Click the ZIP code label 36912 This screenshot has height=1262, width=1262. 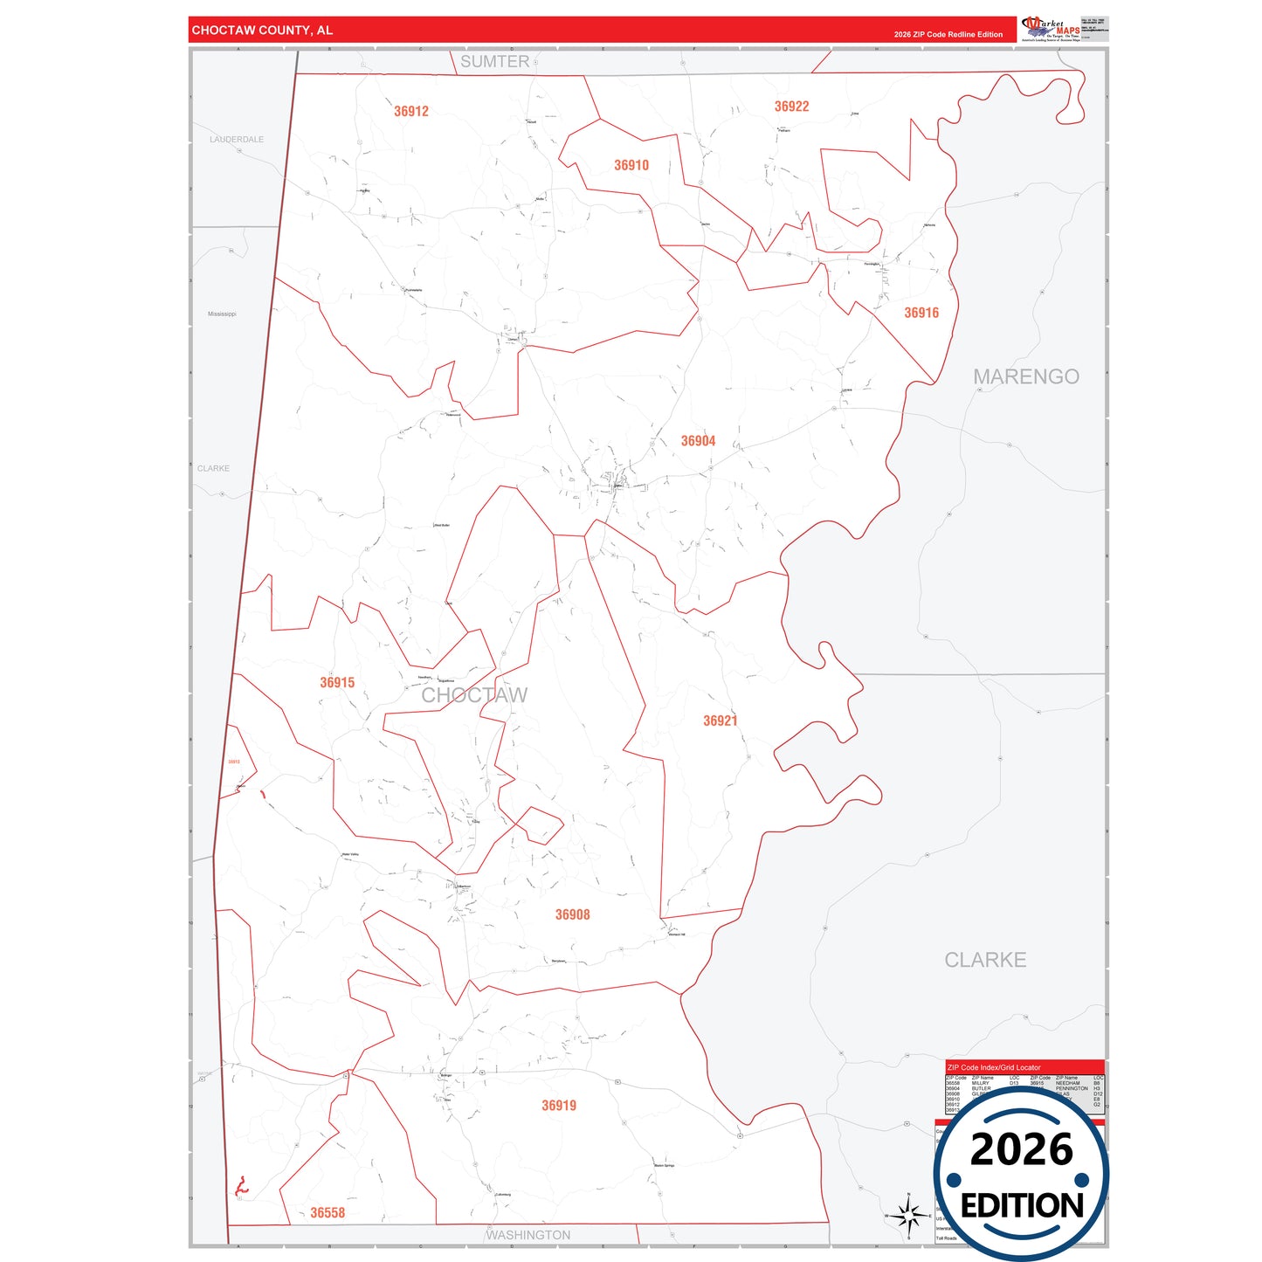pyautogui.click(x=411, y=112)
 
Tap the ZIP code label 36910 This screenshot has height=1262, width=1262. pyautogui.click(x=631, y=166)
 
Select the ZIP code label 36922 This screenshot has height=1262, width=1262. pyautogui.click(x=791, y=107)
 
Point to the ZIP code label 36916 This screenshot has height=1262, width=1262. pyautogui.click(x=921, y=313)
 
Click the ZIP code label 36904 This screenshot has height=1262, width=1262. pyautogui.click(x=698, y=441)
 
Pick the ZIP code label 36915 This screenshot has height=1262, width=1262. pyautogui.click(x=337, y=683)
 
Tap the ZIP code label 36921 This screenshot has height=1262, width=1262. pyautogui.click(x=720, y=721)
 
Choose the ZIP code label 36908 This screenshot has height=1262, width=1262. pyautogui.click(x=572, y=914)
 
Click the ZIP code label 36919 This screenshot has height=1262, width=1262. pyautogui.click(x=559, y=1106)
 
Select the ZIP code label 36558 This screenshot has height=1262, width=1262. pyautogui.click(x=328, y=1213)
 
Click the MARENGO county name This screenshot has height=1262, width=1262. pyautogui.click(x=1026, y=376)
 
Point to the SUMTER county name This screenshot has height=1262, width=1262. pyautogui.click(x=494, y=62)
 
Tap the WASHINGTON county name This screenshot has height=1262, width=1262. pyautogui.click(x=528, y=1235)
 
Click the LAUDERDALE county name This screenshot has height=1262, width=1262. pyautogui.click(x=237, y=140)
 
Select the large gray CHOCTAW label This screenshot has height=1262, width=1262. pyautogui.click(x=474, y=695)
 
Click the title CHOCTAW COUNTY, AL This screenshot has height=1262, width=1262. pyautogui.click(x=262, y=31)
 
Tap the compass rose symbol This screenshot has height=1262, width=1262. pyautogui.click(x=908, y=1215)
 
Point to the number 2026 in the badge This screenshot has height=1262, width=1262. pyautogui.click(x=1021, y=1149)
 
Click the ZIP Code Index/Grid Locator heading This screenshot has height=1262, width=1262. pyautogui.click(x=994, y=1067)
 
